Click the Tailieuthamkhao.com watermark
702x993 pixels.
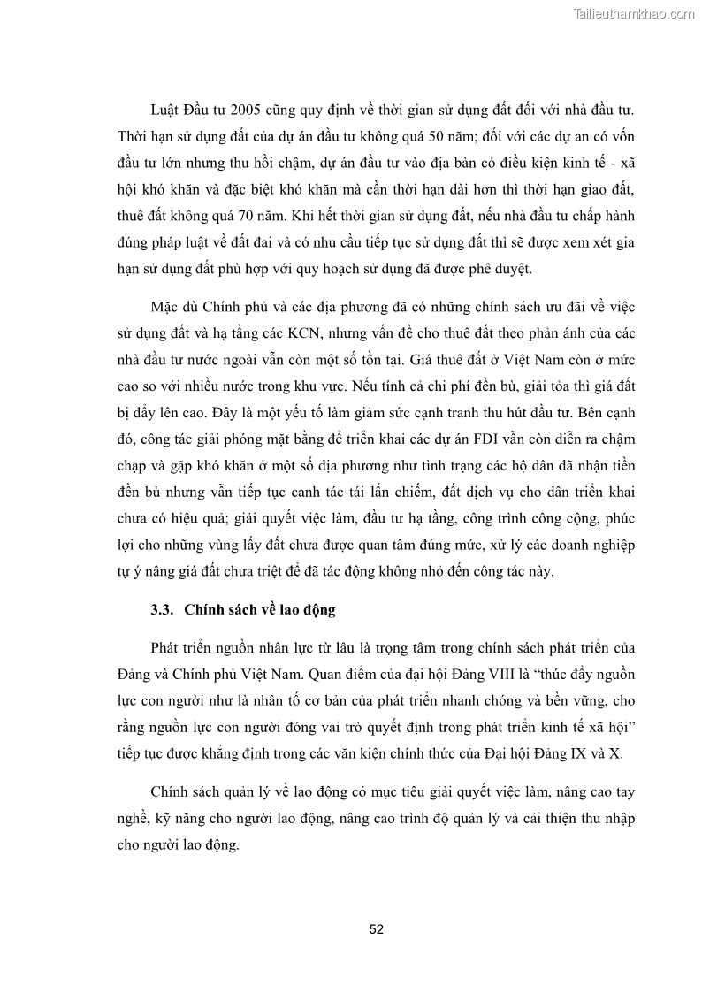[634, 13]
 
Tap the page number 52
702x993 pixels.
[376, 929]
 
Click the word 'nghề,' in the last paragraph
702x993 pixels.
[133, 818]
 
